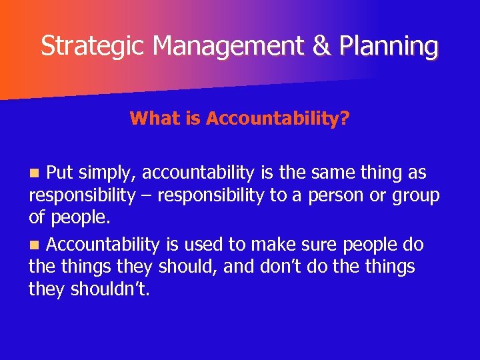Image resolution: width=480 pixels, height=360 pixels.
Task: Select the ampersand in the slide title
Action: [x=317, y=46]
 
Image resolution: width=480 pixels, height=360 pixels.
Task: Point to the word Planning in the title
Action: [x=388, y=46]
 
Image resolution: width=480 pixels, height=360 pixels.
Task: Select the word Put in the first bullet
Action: [x=60, y=173]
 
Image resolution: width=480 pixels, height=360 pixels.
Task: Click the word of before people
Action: [x=37, y=218]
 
